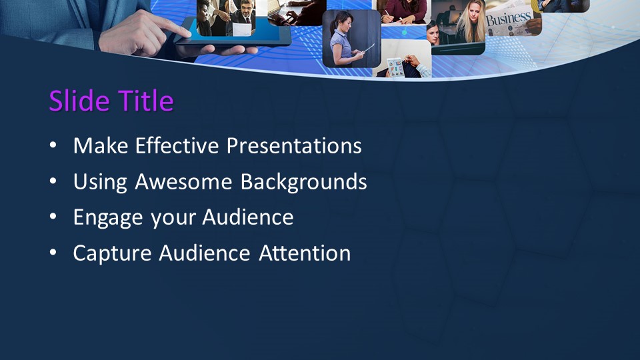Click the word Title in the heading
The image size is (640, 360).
(146, 101)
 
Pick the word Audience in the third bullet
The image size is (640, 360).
(248, 217)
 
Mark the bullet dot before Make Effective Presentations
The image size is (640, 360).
(53, 146)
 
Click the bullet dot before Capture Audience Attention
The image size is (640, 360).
(53, 254)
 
